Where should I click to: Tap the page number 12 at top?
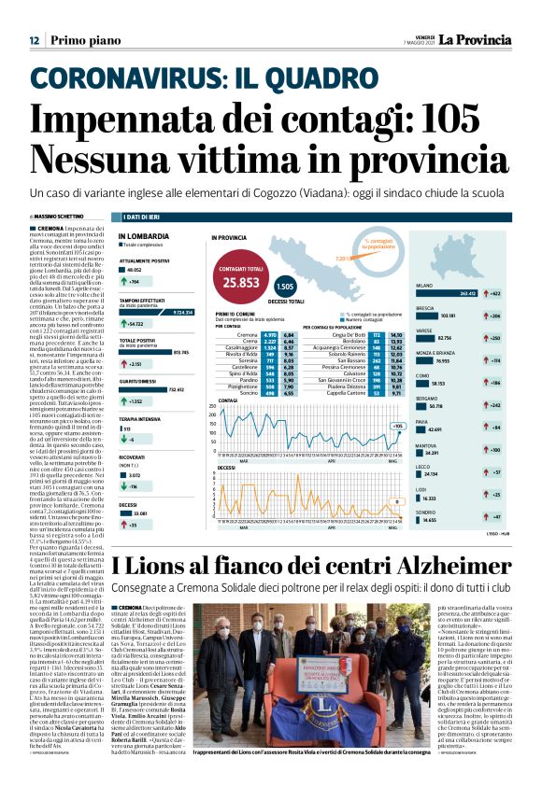(x=34, y=40)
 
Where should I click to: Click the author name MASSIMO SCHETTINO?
(x=57, y=217)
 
